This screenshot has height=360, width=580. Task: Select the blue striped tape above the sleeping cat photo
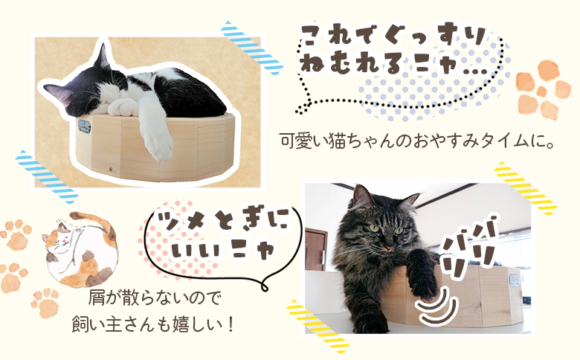253,46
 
